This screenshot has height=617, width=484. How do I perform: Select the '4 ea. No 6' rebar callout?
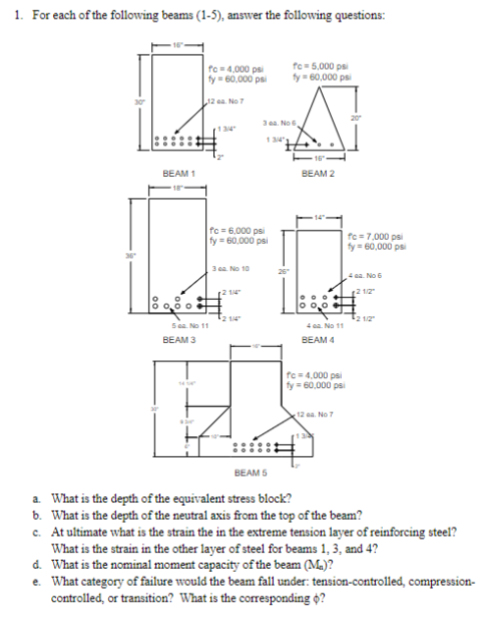pyautogui.click(x=364, y=274)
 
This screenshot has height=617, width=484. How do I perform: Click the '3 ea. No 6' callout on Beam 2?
pyautogui.click(x=283, y=121)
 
